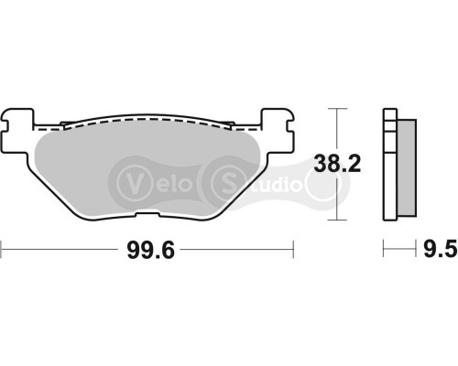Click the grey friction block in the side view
click(x=409, y=165)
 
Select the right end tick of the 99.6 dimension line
click(x=292, y=248)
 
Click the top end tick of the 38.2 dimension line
click(x=340, y=108)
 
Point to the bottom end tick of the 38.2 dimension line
click(x=340, y=221)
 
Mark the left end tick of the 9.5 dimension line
click(x=384, y=248)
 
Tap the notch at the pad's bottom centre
click(x=147, y=216)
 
